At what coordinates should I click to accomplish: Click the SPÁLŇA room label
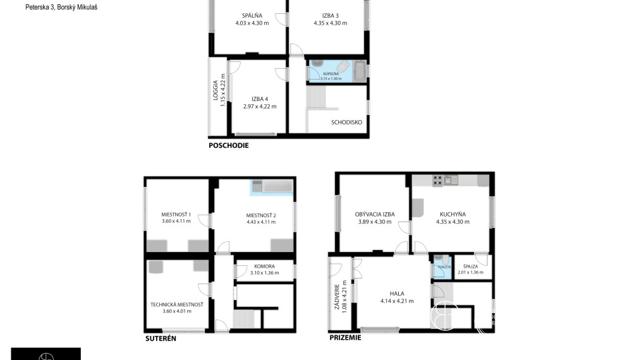tap(252, 16)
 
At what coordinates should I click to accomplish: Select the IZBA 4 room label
tap(260, 99)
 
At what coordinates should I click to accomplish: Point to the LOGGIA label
tap(216, 91)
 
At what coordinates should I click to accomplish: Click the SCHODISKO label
tap(346, 123)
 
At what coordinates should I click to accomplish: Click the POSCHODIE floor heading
tap(229, 145)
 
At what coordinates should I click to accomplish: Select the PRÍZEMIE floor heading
tap(345, 338)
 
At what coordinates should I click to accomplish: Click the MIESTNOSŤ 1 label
tap(176, 215)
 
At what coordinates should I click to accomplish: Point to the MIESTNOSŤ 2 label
tap(261, 215)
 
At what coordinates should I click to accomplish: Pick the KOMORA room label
tap(264, 266)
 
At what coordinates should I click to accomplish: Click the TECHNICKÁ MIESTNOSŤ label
tap(176, 304)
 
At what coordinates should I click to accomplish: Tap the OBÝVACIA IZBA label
tap(374, 215)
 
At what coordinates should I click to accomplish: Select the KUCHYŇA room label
tap(453, 215)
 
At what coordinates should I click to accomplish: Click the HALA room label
tap(396, 293)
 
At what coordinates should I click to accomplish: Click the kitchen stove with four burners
tap(437, 181)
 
